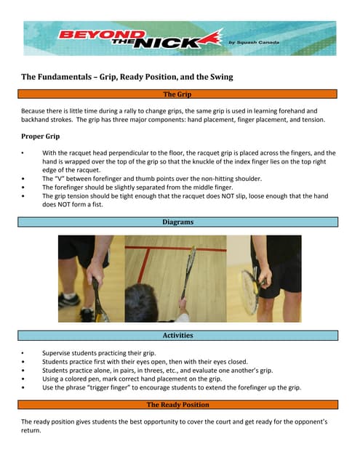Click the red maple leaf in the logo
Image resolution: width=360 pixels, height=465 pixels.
tap(211, 39)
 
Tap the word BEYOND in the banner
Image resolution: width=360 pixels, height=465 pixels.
tap(102, 34)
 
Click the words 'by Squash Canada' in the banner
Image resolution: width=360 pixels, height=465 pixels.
tap(254, 42)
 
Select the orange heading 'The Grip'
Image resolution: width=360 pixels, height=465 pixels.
tap(177, 94)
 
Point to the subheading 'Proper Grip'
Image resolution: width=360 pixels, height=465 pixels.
tap(40, 137)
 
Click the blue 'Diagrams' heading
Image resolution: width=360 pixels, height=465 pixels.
tap(177, 222)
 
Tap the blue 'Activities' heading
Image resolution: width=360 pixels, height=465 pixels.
tap(177, 336)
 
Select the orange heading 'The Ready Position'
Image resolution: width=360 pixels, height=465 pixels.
tap(177, 405)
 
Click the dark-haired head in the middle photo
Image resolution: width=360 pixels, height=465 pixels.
tap(141, 303)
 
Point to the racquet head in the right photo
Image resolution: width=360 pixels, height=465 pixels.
tap(249, 292)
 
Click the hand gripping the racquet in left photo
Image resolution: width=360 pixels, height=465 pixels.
tap(95, 270)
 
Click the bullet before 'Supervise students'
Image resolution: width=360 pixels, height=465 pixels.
tap(23, 353)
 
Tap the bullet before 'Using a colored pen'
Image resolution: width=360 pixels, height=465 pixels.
tap(23, 379)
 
